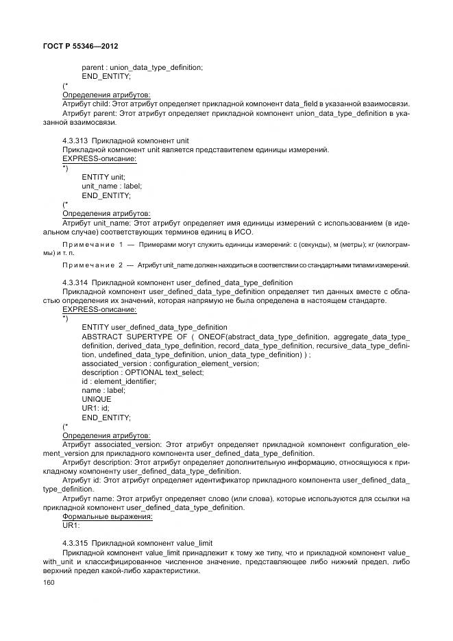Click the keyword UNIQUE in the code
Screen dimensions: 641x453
(96, 399)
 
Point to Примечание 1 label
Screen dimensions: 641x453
(95, 244)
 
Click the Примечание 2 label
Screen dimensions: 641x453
(95, 264)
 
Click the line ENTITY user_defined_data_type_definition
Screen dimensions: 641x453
(154, 327)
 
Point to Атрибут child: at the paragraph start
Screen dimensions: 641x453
(80, 103)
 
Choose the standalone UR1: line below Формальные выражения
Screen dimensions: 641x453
(71, 524)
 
